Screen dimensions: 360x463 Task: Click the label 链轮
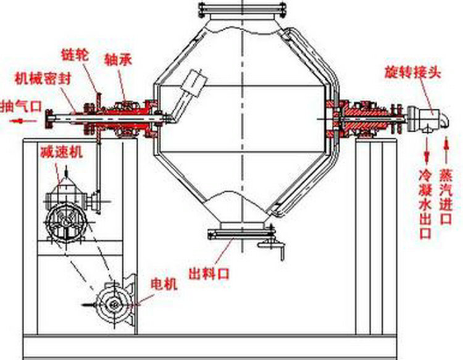tap(76, 55)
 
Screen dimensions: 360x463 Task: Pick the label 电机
tap(164, 284)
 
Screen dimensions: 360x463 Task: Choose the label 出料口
tap(209, 272)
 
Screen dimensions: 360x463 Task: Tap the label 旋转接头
tap(413, 72)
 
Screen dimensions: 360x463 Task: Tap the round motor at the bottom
tap(114, 303)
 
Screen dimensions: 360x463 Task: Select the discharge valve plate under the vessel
tap(241, 233)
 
